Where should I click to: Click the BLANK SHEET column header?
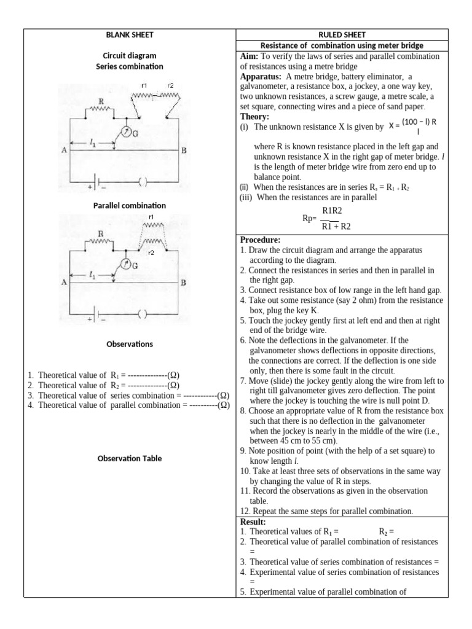[129, 34]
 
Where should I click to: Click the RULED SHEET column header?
[342, 34]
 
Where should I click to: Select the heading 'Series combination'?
[129, 66]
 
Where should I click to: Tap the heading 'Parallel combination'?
[129, 205]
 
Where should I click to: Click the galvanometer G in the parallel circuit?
[125, 265]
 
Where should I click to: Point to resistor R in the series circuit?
[100, 109]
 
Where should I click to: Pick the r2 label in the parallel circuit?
[151, 252]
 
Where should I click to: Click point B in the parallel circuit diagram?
[183, 283]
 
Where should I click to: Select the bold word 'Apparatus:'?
[261, 77]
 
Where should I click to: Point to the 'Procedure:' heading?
[260, 240]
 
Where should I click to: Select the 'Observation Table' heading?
[129, 458]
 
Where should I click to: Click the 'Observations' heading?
[129, 344]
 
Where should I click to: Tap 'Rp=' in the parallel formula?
[309, 218]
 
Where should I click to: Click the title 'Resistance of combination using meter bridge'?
[342, 45]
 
